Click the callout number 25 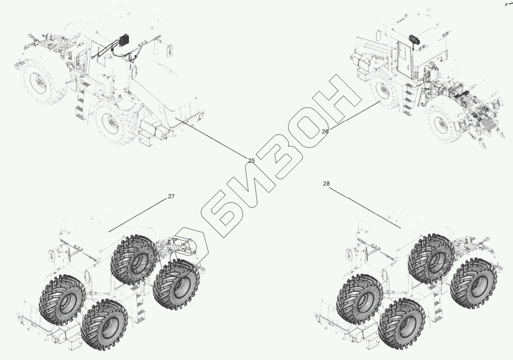(251, 161)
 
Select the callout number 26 (325, 132)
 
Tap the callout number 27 (171, 196)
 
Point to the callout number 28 (326, 184)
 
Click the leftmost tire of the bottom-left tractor (62, 300)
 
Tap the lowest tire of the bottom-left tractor (104, 325)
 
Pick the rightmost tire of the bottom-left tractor (176, 284)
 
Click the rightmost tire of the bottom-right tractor (473, 284)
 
